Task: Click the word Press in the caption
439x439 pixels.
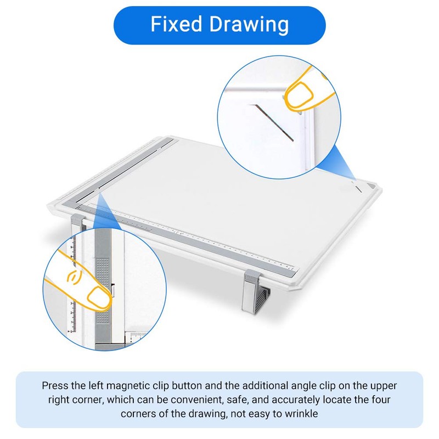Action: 55,386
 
